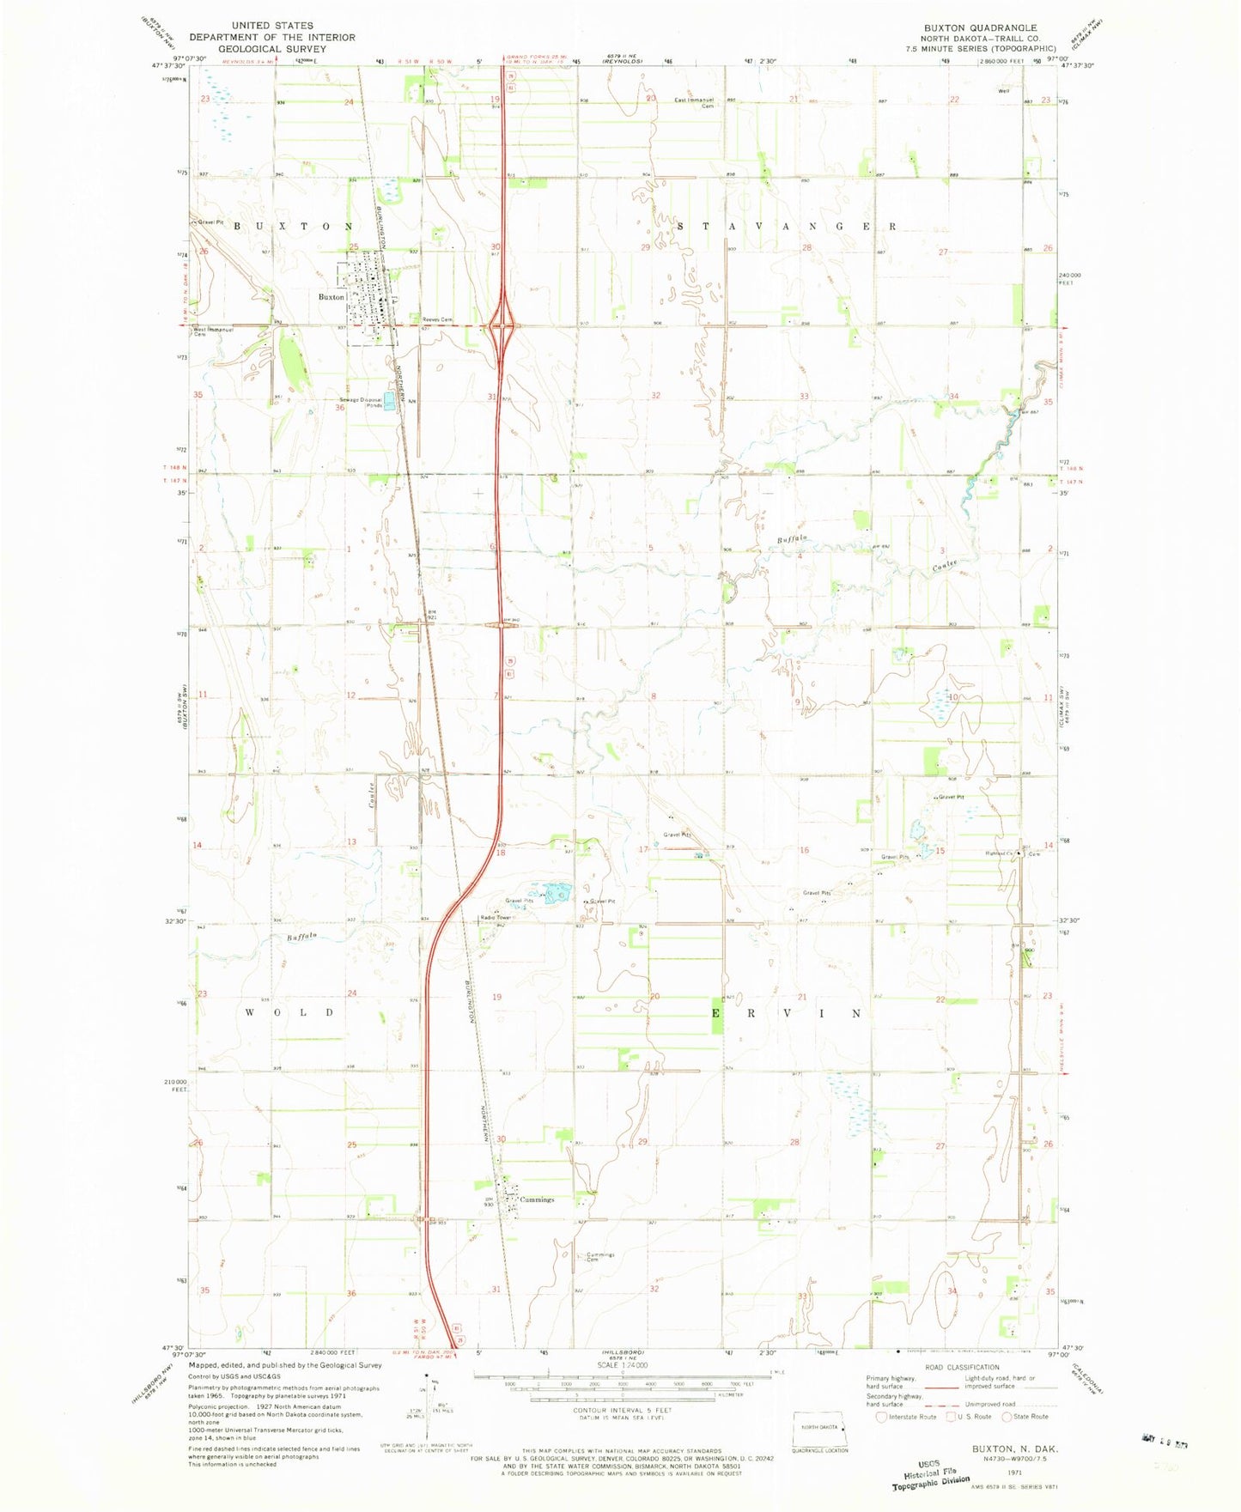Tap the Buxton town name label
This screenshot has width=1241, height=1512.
coord(332,297)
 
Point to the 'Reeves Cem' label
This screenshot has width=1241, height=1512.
coord(436,320)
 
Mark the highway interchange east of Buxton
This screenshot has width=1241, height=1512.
coord(502,325)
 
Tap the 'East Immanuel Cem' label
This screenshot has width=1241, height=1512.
coord(697,103)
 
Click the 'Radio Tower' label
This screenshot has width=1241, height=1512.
coord(496,918)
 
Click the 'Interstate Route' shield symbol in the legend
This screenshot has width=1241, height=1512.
coord(880,1417)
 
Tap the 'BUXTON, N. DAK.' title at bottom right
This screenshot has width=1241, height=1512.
coord(1015,1448)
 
